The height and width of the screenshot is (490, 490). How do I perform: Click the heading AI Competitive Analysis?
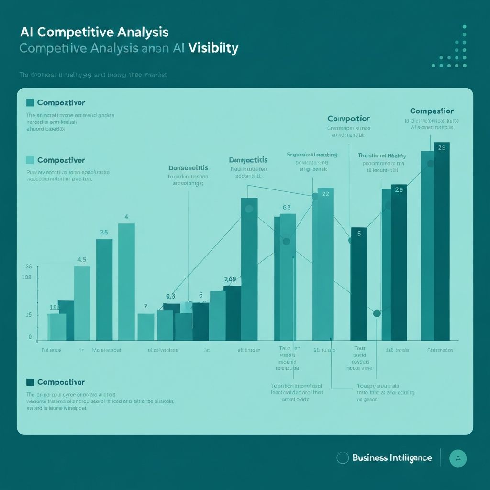tap(94, 33)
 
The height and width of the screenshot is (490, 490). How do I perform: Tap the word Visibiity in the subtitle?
tap(213, 48)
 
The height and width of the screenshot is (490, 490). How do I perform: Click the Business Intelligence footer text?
tap(392, 458)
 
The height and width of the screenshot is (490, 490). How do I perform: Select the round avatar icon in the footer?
tap(458, 458)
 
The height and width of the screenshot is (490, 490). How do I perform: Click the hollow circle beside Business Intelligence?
tap(343, 458)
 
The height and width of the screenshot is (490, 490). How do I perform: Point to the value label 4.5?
tap(81, 260)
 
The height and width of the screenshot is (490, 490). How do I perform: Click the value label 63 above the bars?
tap(287, 207)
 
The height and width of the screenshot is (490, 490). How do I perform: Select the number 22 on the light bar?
tap(325, 194)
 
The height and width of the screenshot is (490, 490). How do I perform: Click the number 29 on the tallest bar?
tap(442, 148)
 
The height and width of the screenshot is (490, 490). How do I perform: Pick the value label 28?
tap(399, 189)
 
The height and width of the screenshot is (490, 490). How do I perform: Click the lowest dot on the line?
tap(377, 313)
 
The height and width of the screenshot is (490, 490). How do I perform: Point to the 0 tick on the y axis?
tap(30, 337)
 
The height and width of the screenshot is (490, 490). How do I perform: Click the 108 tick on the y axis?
tap(26, 278)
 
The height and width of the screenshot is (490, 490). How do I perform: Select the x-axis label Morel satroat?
tap(106, 350)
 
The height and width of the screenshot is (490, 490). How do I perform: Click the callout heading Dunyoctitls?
tap(248, 160)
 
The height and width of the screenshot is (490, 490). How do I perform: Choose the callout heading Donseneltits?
tap(188, 168)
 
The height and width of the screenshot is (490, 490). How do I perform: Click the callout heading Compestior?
tap(432, 111)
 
